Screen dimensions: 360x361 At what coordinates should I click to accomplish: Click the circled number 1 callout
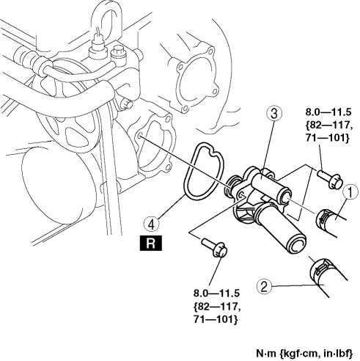click(350, 192)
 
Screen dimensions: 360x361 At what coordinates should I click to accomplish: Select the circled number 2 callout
click(265, 287)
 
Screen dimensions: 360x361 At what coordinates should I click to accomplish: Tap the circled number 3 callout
click(274, 114)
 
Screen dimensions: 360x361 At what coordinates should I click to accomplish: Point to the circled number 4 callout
click(152, 225)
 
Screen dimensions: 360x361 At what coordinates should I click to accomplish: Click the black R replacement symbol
click(151, 243)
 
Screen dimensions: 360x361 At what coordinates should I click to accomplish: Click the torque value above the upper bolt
click(328, 125)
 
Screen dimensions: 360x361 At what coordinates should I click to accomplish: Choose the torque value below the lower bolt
click(217, 306)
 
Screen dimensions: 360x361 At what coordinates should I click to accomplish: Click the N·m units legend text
click(304, 353)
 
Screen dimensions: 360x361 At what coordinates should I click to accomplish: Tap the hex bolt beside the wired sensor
click(118, 56)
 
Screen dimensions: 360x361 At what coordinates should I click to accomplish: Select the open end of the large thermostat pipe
click(296, 244)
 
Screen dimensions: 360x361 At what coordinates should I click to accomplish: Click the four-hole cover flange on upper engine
click(196, 79)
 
